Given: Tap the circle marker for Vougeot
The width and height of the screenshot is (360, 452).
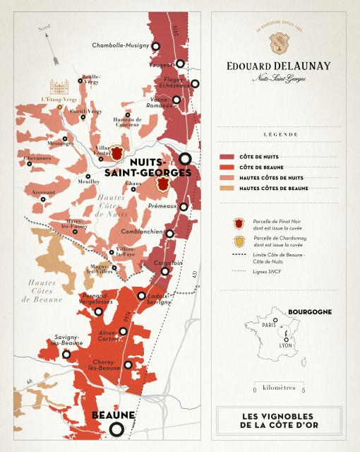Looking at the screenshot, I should [181, 64].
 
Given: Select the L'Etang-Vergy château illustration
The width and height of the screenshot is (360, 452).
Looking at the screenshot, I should [59, 87].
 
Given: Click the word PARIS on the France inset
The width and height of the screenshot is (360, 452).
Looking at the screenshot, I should [268, 326].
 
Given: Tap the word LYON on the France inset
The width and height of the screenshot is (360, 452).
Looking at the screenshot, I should [285, 345].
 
